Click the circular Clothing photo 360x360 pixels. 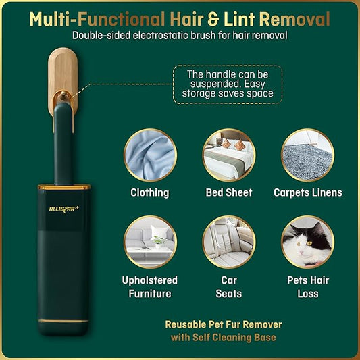coord(149,155)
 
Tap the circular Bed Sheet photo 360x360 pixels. coord(228,155)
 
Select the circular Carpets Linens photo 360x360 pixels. coord(307,155)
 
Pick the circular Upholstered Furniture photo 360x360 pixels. coord(149,241)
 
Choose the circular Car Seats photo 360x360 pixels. coord(228,241)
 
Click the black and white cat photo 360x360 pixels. coord(307,241)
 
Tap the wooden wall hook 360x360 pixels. coord(63,78)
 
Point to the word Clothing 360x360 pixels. coord(149,192)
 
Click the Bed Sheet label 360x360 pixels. coord(228,192)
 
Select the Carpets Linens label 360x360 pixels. coord(307,192)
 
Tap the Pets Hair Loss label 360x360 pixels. coord(307,286)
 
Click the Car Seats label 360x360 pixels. coord(228,286)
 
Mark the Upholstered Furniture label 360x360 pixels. coord(149,286)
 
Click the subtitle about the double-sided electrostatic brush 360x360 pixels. coord(180,36)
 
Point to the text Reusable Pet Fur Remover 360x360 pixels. coord(223,324)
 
